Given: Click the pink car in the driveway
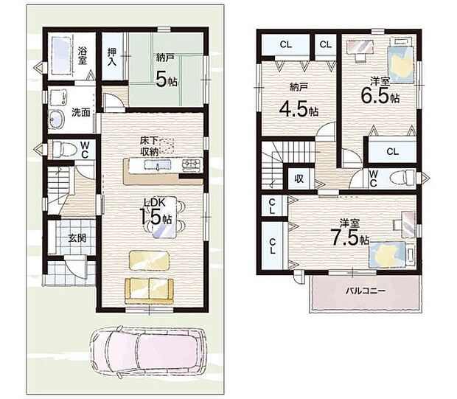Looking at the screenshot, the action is tap(149, 354).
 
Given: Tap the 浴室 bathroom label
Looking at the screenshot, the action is tap(83, 55).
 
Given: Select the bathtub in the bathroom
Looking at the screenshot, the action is tap(61, 56).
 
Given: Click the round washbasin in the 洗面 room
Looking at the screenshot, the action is tap(56, 119).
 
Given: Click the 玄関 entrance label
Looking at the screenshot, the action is tap(77, 238).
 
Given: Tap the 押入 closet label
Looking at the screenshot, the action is tap(112, 57).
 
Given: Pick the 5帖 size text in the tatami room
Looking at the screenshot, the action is tap(166, 80).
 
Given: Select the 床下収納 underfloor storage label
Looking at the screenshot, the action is tap(149, 146).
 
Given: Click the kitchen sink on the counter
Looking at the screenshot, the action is tap(158, 165).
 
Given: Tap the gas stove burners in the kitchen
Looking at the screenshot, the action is tap(192, 165).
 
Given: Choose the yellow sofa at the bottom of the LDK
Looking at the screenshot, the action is tap(149, 291).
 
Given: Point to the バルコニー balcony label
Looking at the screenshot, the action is tap(366, 291).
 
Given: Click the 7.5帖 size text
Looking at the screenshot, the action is tap(349, 237).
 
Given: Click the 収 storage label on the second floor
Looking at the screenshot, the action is tap(299, 178).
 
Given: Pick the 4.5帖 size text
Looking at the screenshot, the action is tap(299, 109).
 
